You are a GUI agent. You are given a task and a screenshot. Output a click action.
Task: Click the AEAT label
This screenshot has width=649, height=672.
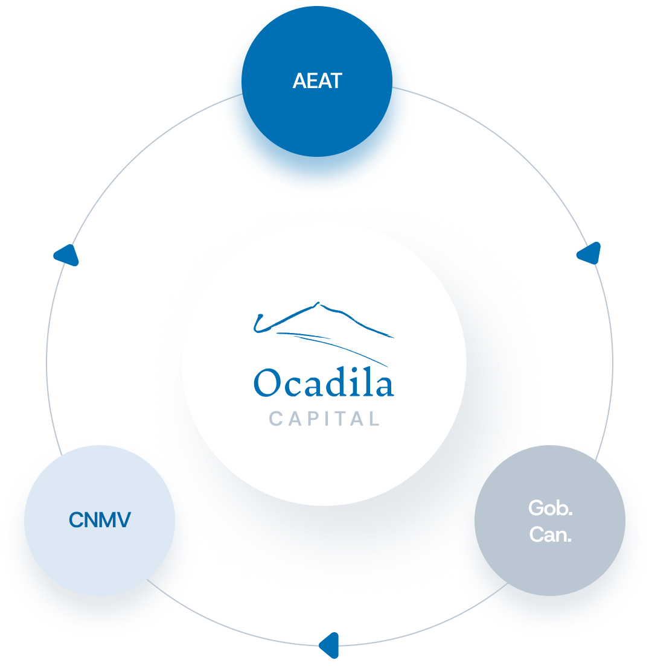coord(317,81)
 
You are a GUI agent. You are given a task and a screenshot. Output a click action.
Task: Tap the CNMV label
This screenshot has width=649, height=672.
coord(100,520)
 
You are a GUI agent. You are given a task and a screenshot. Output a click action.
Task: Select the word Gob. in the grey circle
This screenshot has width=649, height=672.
coord(550,508)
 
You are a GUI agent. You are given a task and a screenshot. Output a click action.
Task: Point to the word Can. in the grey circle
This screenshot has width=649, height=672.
coord(550,534)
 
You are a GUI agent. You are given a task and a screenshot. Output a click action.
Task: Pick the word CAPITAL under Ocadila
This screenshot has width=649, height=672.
coord(324,418)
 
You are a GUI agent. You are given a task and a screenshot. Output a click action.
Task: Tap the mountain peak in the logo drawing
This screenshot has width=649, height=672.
coord(316,305)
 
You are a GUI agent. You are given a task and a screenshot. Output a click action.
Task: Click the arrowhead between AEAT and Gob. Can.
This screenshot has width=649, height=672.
coord(589,253)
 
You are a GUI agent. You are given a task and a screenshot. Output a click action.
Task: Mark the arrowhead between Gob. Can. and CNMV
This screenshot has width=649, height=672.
coord(329,644)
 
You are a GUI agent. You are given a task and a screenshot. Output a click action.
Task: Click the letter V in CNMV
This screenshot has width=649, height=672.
coord(123,520)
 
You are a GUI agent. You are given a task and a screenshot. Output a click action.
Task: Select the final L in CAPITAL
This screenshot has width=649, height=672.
coord(374,418)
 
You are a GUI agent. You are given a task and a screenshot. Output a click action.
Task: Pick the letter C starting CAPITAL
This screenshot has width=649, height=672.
coord(275,418)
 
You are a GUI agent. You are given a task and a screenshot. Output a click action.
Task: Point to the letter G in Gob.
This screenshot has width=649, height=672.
coord(536,508)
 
